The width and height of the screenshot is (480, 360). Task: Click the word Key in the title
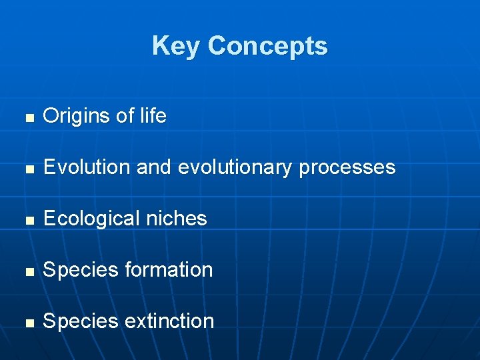[176, 46]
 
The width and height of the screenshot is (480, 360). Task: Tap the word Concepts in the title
[267, 46]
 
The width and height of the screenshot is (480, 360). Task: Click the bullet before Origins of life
[27, 117]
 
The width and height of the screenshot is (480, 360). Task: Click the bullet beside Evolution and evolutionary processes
[27, 169]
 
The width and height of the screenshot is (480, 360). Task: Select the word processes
[347, 168]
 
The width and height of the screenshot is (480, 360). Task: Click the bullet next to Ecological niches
[27, 220]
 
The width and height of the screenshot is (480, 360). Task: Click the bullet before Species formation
[27, 271]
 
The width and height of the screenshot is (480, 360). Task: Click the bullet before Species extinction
[27, 323]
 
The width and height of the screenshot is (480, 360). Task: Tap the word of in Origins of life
[125, 116]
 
